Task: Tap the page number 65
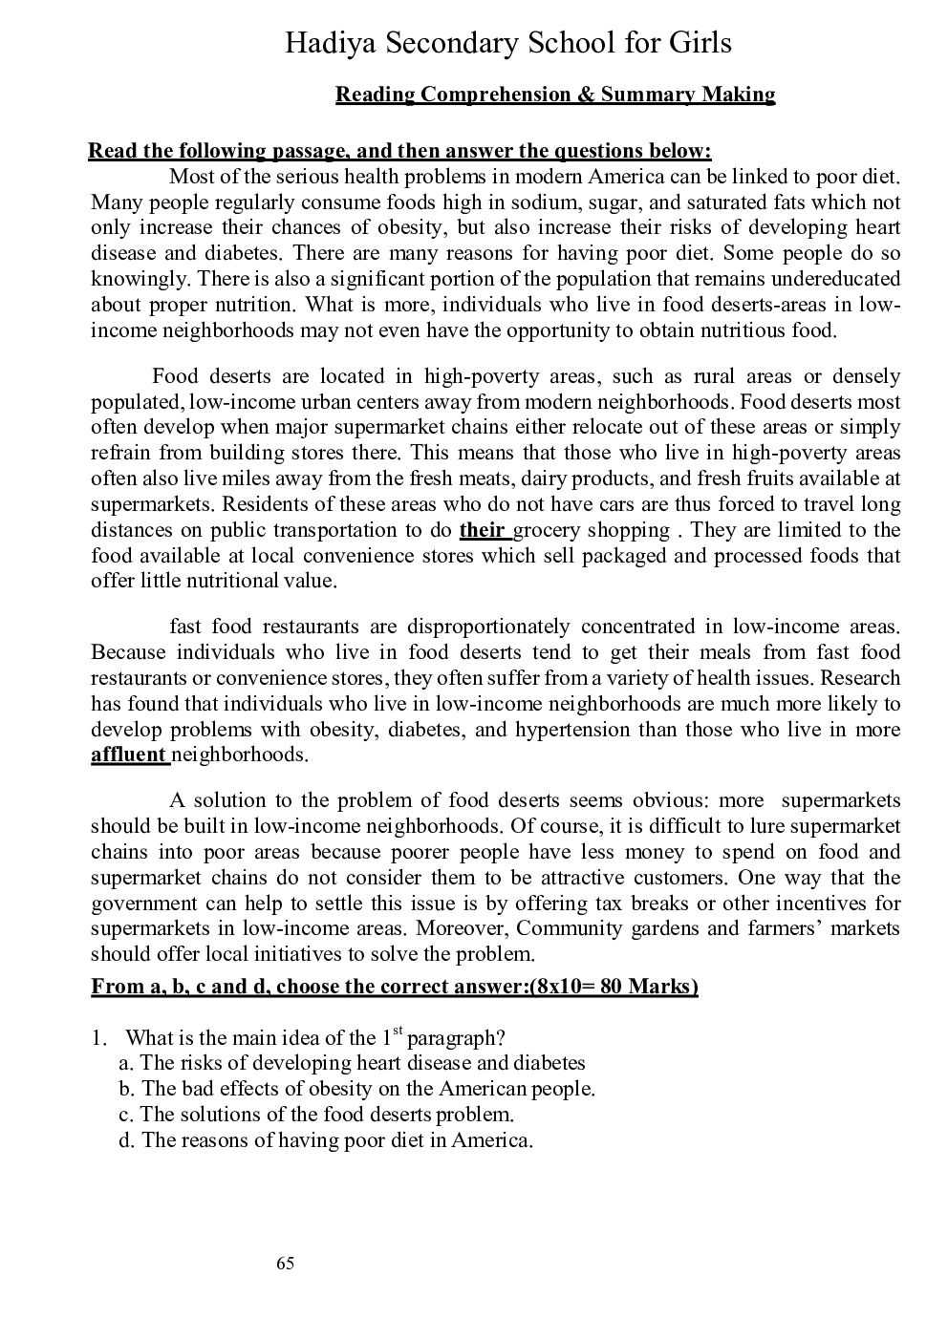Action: tap(285, 1264)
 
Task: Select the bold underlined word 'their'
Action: tap(482, 530)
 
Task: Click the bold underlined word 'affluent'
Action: tap(129, 755)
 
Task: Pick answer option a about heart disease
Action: tap(354, 1063)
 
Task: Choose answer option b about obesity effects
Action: tap(358, 1089)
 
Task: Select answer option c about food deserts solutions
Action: tap(318, 1115)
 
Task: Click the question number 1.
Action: tap(97, 1038)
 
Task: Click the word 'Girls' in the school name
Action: tap(695, 43)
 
